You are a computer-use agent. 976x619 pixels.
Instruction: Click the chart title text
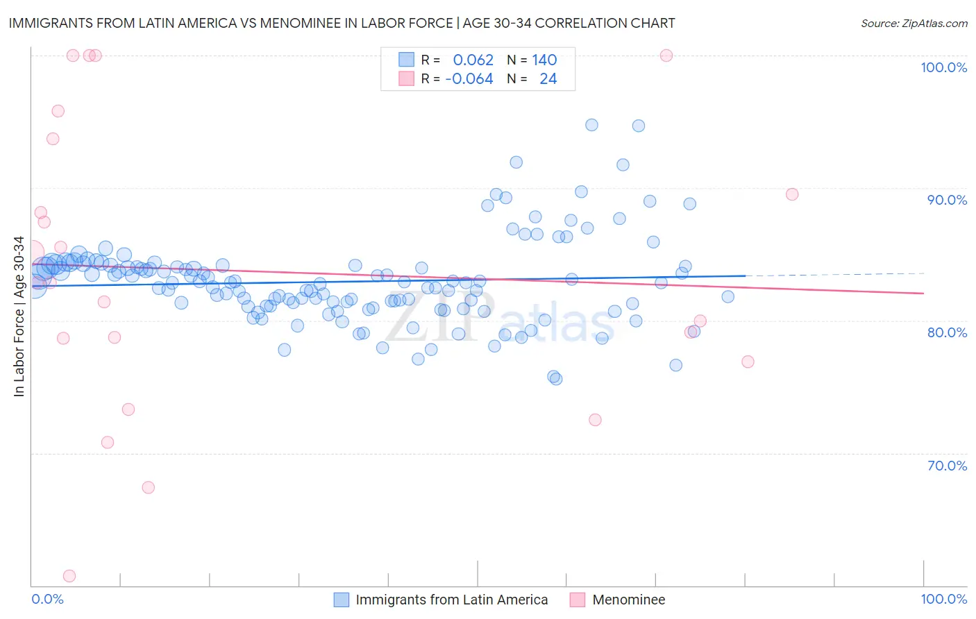[x=342, y=23]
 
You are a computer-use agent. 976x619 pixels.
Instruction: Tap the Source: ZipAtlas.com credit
[x=914, y=23]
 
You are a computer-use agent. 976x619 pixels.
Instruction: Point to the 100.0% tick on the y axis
[x=943, y=67]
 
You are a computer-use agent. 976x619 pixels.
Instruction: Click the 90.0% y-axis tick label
[x=947, y=200]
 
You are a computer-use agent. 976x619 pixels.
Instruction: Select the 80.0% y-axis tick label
[x=947, y=332]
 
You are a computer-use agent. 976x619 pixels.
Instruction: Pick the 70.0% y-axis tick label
[x=947, y=466]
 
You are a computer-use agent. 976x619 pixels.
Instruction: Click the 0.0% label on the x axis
[x=47, y=599]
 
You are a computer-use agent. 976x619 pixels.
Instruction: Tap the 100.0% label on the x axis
[x=943, y=599]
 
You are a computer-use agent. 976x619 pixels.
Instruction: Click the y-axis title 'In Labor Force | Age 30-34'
[x=19, y=316]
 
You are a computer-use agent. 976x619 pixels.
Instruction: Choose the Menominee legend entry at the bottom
[x=628, y=600]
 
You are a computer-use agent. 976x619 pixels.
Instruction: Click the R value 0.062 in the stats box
[x=473, y=60]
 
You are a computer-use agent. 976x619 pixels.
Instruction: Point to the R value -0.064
[x=469, y=79]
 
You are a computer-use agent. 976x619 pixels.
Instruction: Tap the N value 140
[x=544, y=60]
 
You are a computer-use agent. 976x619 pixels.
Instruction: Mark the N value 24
[x=548, y=79]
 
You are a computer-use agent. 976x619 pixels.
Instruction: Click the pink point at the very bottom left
[x=69, y=576]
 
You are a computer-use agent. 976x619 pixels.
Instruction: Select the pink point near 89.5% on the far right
[x=792, y=194]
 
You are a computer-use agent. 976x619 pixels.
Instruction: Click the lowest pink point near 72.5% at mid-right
[x=595, y=420]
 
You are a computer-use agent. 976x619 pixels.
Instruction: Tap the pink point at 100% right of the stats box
[x=666, y=56]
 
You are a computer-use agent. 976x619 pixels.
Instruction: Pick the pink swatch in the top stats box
[x=406, y=79]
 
